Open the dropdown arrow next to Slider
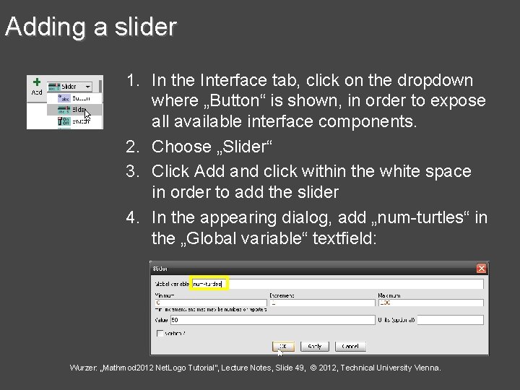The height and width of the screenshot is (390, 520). point(88,87)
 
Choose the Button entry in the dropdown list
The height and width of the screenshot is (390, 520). point(75,98)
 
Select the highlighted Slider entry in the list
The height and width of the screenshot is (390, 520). point(75,110)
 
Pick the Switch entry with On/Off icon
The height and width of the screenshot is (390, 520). point(75,122)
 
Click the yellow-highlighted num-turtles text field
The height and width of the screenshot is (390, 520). point(209,285)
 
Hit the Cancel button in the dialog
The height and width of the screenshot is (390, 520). point(344,347)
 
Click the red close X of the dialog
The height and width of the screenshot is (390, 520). point(482,269)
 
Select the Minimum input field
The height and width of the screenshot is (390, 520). point(209,303)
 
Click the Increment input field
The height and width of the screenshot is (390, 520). point(321,303)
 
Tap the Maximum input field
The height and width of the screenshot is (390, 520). point(430,303)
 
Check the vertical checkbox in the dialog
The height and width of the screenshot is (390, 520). point(160,333)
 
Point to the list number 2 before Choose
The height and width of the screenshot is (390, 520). point(131,147)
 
